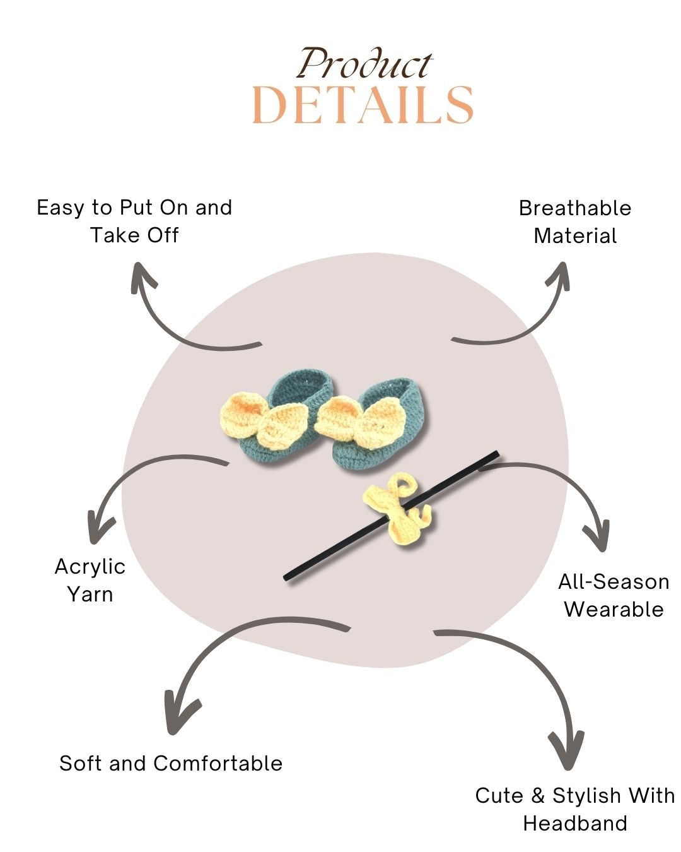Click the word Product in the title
tap(364, 64)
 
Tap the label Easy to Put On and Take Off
tap(134, 221)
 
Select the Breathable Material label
tap(575, 222)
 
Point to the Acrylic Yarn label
tap(90, 580)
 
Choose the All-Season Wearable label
tap(614, 595)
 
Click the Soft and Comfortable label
tap(171, 763)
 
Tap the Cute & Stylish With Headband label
tap(575, 809)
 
